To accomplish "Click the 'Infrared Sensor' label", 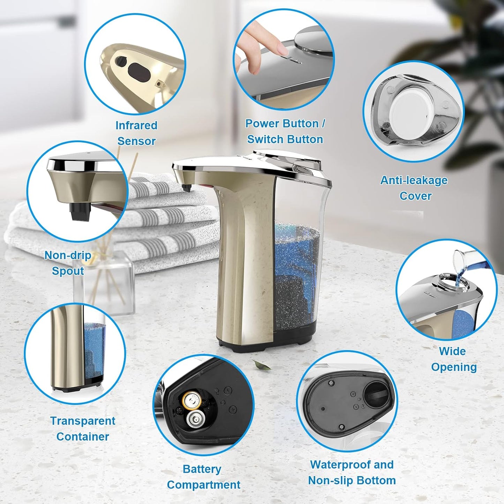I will coord(136,133).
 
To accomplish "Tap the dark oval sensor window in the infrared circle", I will coord(139,71).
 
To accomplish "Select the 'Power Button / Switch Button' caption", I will coord(285,131).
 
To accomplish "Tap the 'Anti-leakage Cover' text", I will coord(414,188).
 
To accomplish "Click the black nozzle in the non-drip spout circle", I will coord(80,211).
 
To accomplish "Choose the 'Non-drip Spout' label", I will coord(68,263).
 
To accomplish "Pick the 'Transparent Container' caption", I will coord(83,429).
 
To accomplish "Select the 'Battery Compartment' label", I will coord(203,477).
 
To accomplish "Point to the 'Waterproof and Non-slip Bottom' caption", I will coord(352,473).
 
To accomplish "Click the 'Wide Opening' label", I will coord(453,359).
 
